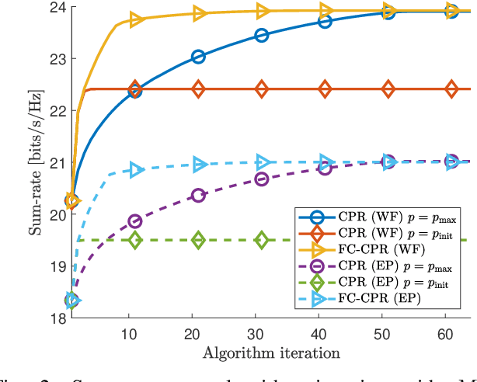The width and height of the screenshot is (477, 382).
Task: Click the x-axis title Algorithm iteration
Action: pyautogui.click(x=271, y=353)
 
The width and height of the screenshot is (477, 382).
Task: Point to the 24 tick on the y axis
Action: pyautogui.click(x=57, y=8)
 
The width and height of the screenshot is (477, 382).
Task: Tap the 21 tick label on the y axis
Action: pyautogui.click(x=57, y=162)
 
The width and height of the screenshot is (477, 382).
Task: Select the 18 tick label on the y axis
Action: pyautogui.click(x=57, y=318)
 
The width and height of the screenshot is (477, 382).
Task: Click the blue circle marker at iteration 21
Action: pyautogui.click(x=198, y=57)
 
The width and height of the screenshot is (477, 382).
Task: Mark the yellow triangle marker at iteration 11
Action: pyautogui.click(x=135, y=19)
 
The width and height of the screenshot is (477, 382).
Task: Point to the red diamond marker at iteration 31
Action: pyautogui.click(x=262, y=89)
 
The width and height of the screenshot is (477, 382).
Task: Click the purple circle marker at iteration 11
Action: pyautogui.click(x=135, y=221)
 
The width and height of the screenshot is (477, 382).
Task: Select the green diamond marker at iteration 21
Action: pyautogui.click(x=198, y=240)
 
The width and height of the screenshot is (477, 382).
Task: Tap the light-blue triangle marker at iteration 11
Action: pyautogui.click(x=135, y=170)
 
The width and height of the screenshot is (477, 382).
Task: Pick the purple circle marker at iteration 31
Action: pyautogui.click(x=262, y=179)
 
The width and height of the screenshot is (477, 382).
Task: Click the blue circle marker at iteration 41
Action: pyautogui.click(x=325, y=22)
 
